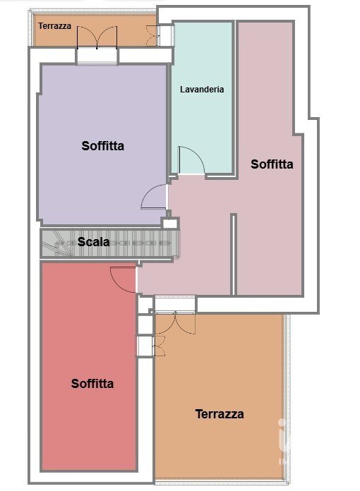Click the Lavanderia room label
(202, 90)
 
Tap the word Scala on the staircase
(93, 242)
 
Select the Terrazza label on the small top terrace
(55, 26)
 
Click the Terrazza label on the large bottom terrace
(220, 414)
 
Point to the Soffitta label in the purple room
(103, 146)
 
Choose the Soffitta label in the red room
(92, 384)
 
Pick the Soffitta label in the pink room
(272, 164)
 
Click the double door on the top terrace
(97, 37)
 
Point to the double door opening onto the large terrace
(176, 323)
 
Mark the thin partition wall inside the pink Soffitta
(233, 254)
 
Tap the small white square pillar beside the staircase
(170, 223)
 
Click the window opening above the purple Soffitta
(97, 56)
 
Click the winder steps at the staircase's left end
(56, 243)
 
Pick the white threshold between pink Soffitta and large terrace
(176, 304)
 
